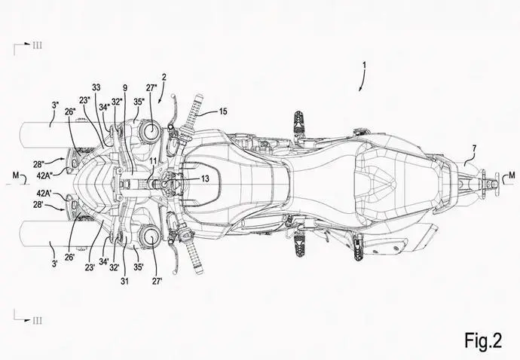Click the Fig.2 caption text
[x=483, y=340]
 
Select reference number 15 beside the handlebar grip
[x=223, y=111]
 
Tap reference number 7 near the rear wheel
[x=474, y=150]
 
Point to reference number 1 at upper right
[x=365, y=66]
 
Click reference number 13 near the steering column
[x=205, y=179]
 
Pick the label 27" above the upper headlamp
[x=151, y=88]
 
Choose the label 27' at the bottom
[x=157, y=281]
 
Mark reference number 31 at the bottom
[x=124, y=281]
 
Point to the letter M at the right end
[x=512, y=175]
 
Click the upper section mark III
[x=37, y=45]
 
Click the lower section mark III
[x=37, y=320]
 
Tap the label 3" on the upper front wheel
[x=55, y=105]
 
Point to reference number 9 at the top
[x=124, y=88]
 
